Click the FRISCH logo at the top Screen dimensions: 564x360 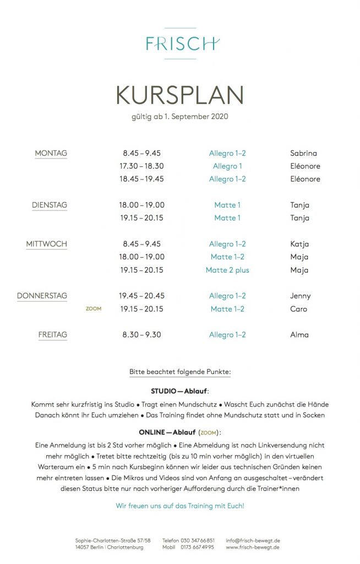180,43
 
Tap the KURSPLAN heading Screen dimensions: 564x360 179,95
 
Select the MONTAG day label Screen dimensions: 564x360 51,153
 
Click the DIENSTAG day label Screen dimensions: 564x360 50,205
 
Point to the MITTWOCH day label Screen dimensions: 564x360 47,244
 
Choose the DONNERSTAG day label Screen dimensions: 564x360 42,296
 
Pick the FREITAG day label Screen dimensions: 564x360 53,334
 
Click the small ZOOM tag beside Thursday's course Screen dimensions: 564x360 94,309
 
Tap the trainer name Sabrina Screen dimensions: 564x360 303,153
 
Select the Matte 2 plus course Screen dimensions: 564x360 227,270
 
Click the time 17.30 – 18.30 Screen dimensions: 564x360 141,166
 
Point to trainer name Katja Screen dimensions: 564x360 299,244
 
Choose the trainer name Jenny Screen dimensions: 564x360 300,296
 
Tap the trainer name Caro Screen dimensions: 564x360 298,309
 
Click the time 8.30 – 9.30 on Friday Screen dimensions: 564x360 141,334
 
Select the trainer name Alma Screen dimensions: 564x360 299,334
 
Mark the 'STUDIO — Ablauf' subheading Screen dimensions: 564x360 180,390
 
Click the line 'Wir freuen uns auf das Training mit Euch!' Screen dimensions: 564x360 180,506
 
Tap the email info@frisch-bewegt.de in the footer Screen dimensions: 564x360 253,540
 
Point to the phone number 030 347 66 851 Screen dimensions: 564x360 197,540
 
